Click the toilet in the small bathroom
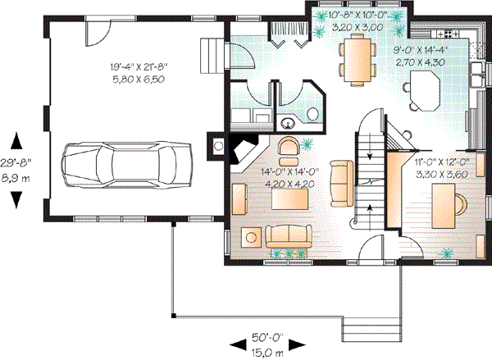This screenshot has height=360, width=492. (x=314, y=113)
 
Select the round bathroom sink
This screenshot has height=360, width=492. (x=289, y=124)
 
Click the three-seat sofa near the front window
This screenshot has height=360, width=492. (x=289, y=237)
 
